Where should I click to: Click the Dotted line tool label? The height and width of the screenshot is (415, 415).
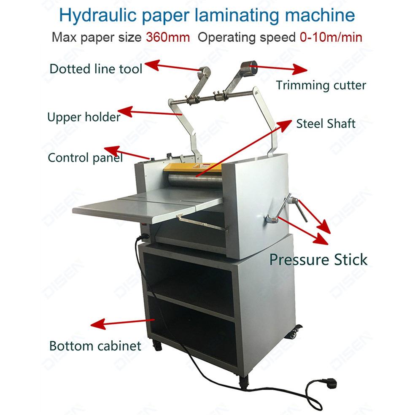[96, 68]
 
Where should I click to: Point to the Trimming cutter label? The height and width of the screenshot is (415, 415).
[321, 85]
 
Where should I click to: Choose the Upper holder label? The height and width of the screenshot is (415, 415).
[84, 116]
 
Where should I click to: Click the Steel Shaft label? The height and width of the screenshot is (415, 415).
[326, 124]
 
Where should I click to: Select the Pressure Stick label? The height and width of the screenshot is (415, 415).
[318, 259]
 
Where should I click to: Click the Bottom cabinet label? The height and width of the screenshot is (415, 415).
[95, 346]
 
